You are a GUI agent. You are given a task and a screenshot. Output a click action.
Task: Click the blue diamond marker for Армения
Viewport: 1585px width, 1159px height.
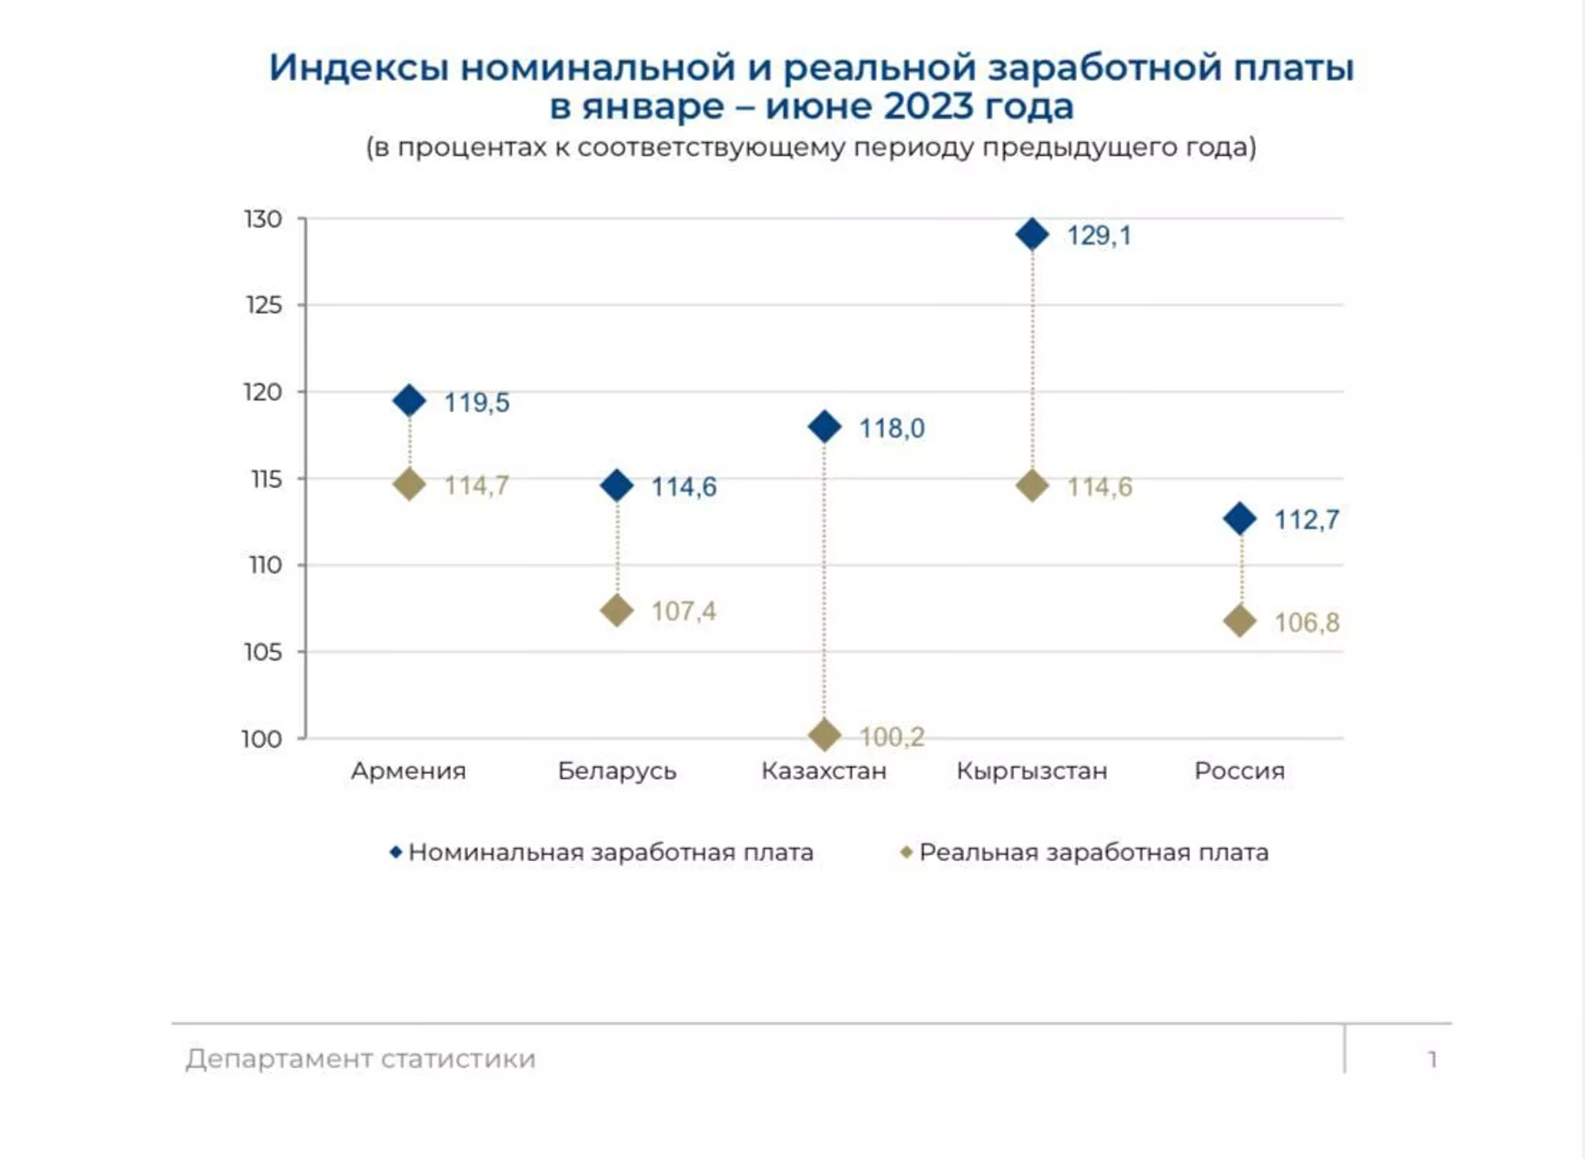pos(409,401)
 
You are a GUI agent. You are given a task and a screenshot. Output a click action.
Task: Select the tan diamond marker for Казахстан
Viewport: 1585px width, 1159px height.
pos(825,735)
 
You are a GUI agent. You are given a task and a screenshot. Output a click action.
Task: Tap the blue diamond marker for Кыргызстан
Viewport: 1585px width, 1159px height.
pos(1032,234)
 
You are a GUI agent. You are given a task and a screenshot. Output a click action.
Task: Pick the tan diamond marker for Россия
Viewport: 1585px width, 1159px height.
pos(1240,621)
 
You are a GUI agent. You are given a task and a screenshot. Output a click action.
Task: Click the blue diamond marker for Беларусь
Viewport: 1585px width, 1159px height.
pos(617,485)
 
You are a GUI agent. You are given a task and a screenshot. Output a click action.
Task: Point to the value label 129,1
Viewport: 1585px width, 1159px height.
pos(1099,236)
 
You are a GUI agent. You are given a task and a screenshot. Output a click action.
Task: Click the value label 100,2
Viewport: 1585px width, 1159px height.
pos(892,736)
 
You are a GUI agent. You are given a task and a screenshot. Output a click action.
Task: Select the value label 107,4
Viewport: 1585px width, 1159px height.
pos(684,612)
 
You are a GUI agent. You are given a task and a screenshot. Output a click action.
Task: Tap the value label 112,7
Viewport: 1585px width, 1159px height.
pos(1306,520)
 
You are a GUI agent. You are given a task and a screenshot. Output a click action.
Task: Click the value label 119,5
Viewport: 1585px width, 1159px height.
pos(476,403)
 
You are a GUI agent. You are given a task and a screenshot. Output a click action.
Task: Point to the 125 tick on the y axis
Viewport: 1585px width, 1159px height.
pos(264,305)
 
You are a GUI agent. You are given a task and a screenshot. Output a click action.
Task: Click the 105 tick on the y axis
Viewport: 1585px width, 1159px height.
pos(263,652)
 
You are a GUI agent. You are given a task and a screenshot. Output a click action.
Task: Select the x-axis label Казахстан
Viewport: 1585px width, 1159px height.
pos(824,771)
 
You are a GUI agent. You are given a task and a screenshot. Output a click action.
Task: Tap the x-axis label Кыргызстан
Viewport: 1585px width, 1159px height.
pos(1032,771)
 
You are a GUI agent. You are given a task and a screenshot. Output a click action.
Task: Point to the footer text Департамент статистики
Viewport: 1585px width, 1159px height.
pos(361,1059)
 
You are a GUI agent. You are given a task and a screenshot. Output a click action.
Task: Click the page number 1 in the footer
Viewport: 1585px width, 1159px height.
pos(1432,1059)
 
